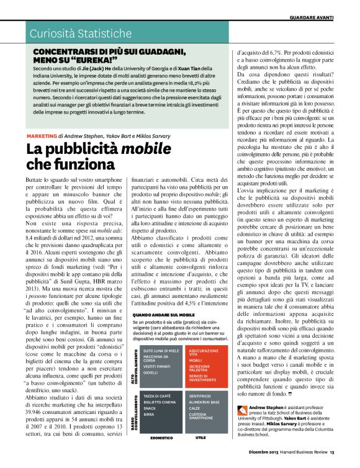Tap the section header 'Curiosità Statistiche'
72,32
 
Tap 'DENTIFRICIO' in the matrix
200,395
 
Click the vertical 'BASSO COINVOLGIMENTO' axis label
136,412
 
